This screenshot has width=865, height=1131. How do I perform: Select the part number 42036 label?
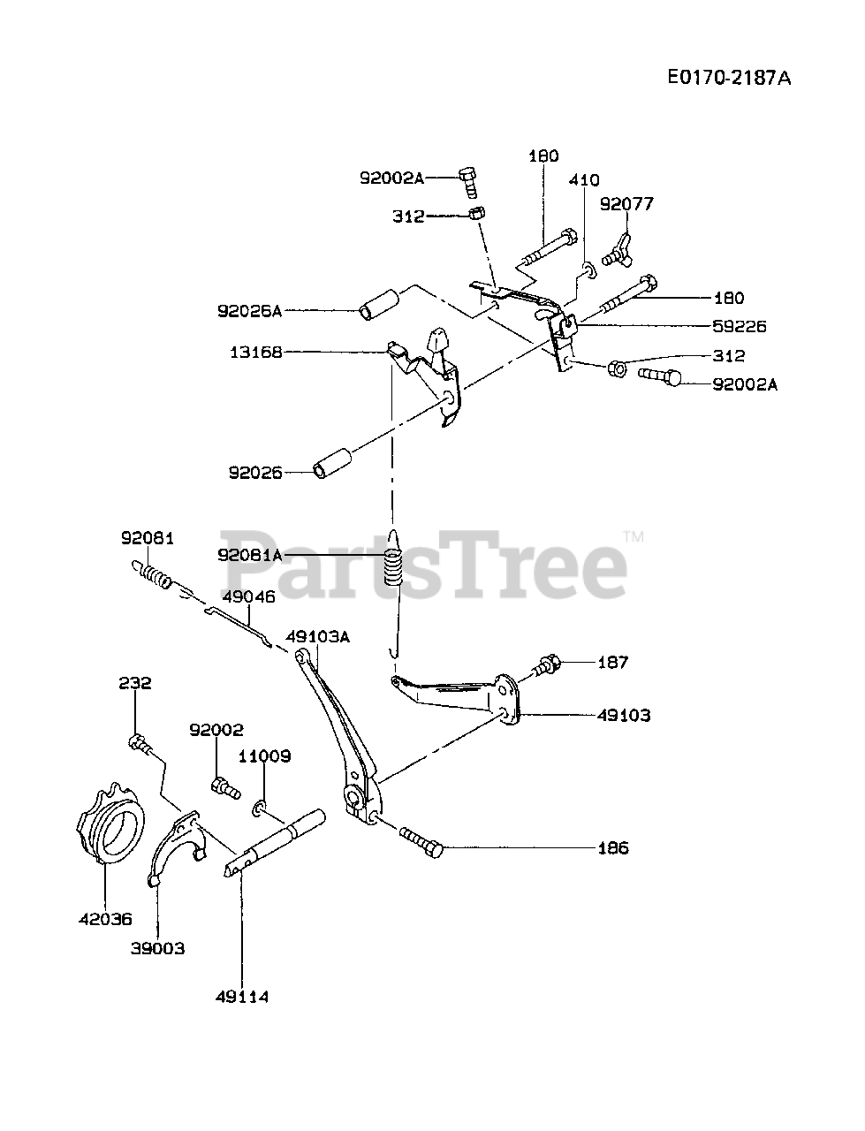point(103,919)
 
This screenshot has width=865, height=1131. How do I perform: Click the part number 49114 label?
point(241,997)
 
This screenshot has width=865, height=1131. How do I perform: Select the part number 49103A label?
point(318,636)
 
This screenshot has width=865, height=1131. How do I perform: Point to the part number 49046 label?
point(248,596)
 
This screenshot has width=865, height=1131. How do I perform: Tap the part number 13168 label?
point(255,352)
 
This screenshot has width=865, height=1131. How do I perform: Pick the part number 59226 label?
point(739,326)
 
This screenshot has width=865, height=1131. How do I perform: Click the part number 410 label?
point(584,180)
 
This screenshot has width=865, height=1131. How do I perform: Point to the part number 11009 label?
point(264,756)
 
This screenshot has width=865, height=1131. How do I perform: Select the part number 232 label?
point(135,683)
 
